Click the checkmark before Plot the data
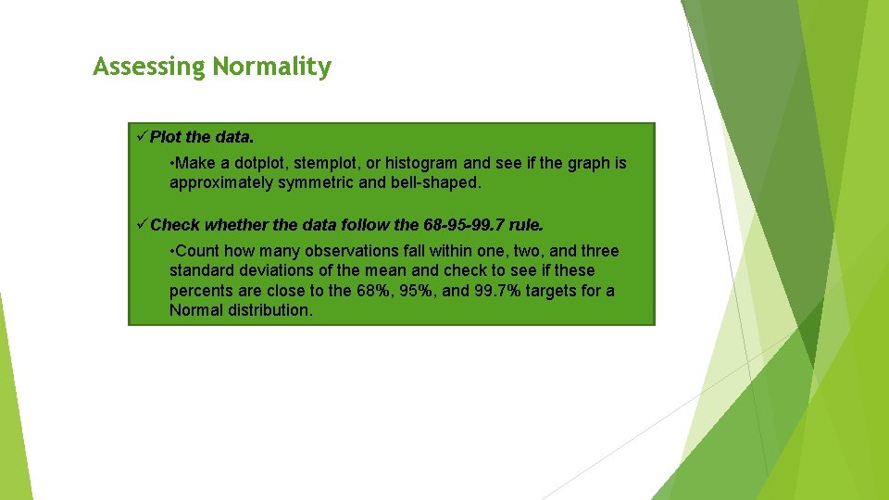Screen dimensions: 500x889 (142, 137)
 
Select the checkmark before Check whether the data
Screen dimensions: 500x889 (142, 225)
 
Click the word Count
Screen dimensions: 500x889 (196, 251)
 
